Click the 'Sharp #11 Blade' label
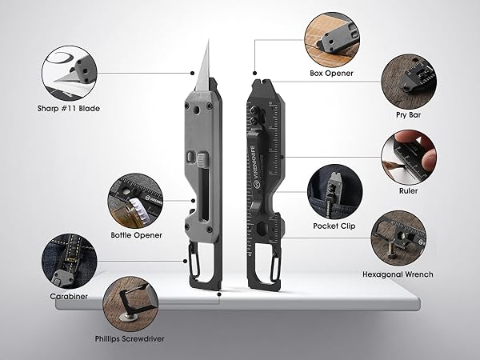[x=69, y=108]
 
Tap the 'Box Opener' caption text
[x=331, y=73]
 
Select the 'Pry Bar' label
[x=408, y=115]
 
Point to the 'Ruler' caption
[x=408, y=190]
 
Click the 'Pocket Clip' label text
[x=334, y=226]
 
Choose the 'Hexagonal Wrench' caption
[x=398, y=274]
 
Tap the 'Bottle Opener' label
[x=137, y=235]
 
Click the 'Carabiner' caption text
[x=69, y=296]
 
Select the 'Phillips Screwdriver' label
[x=130, y=339]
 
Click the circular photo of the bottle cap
[x=136, y=201]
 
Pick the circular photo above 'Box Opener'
[x=332, y=40]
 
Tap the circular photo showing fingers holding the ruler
[x=409, y=157]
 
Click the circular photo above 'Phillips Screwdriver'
[x=130, y=304]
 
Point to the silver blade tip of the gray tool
[x=209, y=40]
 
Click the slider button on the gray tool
[x=202, y=159]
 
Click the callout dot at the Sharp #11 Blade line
[x=192, y=73]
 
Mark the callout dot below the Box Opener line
[x=254, y=73]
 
